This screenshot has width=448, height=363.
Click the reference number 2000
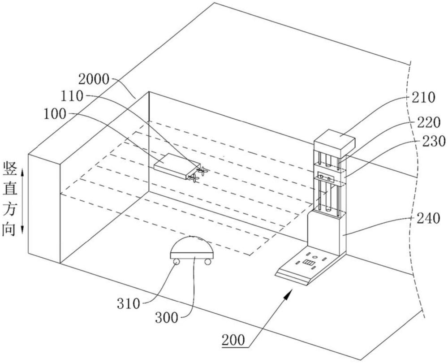(x=93, y=80)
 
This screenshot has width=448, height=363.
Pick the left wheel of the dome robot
(x=176, y=261)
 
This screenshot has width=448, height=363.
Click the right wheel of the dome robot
(x=207, y=261)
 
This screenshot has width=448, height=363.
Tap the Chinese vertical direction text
(x=10, y=199)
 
